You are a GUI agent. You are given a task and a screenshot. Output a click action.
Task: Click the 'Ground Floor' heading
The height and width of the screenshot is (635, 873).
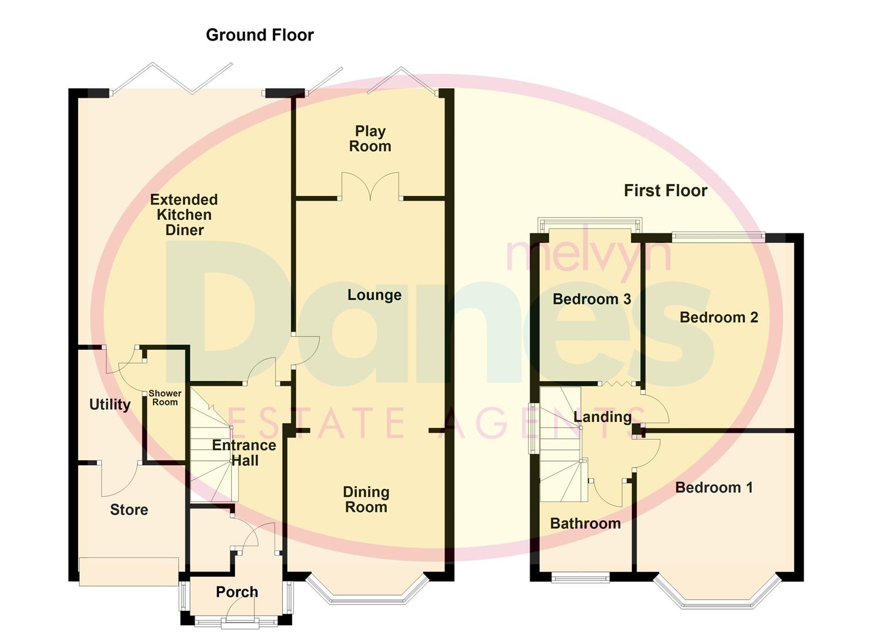(x=259, y=35)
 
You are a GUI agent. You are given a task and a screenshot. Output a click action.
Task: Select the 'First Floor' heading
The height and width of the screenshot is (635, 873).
(x=665, y=190)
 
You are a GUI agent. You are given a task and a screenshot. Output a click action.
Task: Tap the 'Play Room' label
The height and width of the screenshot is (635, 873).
(x=370, y=139)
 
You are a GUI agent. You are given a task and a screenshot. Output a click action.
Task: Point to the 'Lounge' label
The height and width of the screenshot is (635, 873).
(x=374, y=295)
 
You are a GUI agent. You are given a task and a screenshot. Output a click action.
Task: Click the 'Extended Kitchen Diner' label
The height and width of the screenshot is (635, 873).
(x=184, y=215)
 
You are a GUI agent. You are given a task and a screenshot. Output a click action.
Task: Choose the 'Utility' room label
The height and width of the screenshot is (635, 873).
(x=109, y=405)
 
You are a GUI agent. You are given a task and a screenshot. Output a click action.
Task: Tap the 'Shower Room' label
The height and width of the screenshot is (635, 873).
(x=165, y=398)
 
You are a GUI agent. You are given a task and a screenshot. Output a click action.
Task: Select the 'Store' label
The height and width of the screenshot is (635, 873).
(x=129, y=510)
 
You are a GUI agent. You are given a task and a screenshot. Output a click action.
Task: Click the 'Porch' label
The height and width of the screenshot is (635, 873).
(x=236, y=592)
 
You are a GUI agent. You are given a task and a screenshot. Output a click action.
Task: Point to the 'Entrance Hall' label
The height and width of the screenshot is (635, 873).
(x=244, y=453)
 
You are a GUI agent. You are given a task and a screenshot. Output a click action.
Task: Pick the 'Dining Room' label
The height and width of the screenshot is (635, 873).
(x=366, y=500)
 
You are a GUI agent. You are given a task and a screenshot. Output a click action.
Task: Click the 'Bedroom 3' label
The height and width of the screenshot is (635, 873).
(x=591, y=299)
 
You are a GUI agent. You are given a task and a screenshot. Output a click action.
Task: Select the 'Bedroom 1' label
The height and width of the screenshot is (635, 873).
(x=714, y=487)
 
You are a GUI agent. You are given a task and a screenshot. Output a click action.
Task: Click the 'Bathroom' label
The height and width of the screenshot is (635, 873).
(x=585, y=523)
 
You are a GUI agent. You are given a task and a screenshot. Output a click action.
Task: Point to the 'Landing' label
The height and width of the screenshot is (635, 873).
(x=602, y=417)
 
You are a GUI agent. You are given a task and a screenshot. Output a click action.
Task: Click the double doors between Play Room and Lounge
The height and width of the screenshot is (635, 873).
(x=370, y=187)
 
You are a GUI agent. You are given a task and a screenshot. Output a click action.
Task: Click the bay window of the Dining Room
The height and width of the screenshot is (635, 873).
(x=367, y=594)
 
